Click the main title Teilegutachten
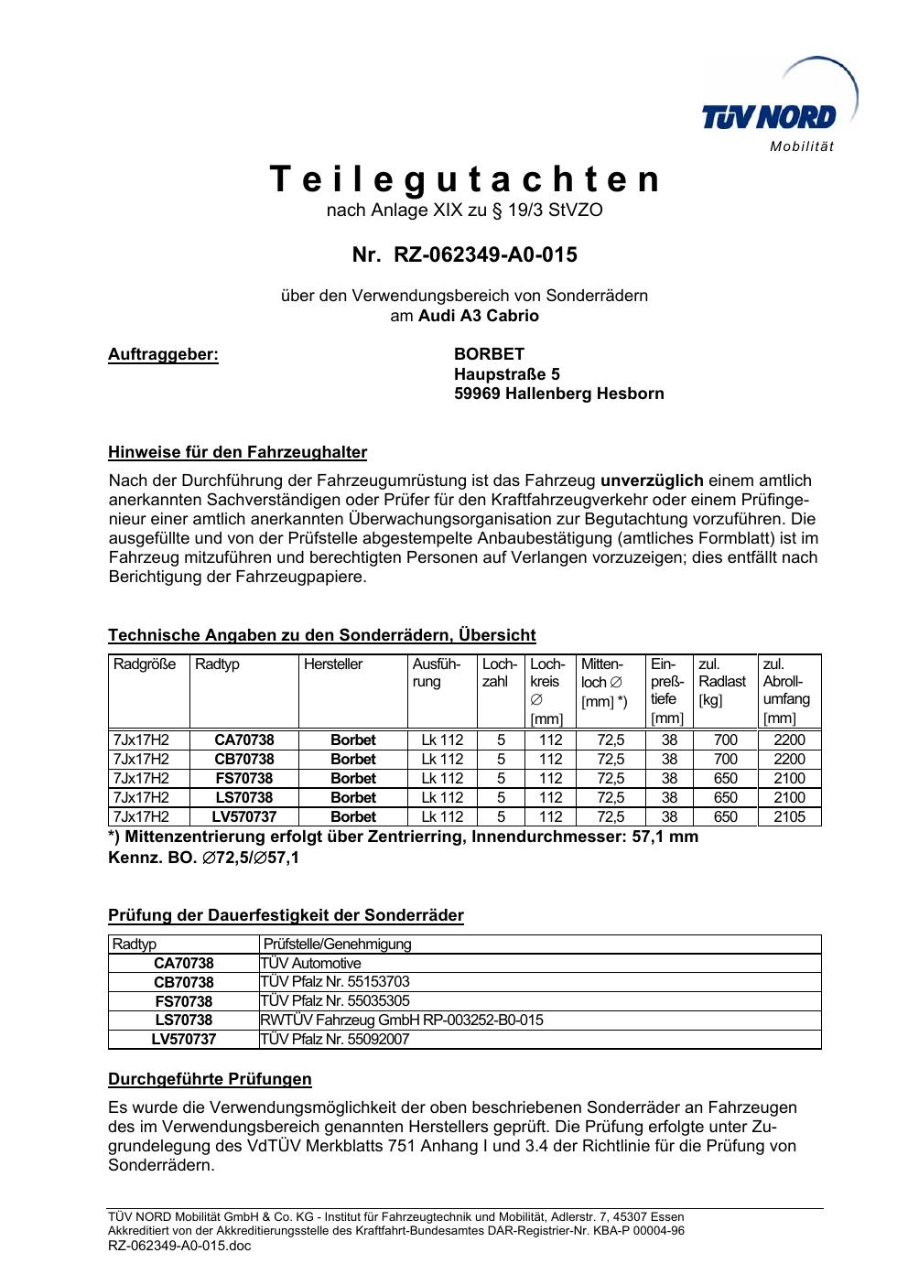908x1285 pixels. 464,179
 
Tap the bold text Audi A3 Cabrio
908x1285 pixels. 479,316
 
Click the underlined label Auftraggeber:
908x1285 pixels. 164,354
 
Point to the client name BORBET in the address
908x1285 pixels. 489,354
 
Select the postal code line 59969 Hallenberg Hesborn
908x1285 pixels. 558,394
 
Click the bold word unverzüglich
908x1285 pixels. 652,481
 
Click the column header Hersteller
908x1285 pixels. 333,664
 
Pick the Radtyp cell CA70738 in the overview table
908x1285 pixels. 243,740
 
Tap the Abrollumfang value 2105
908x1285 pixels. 789,816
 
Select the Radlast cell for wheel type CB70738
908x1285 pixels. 725,759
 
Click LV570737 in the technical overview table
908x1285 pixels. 243,816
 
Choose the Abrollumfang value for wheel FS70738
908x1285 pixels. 789,778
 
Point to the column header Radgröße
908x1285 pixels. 145,664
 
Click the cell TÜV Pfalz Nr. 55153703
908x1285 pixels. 335,982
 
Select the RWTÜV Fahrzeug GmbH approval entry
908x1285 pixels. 402,1020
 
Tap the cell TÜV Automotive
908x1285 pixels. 311,963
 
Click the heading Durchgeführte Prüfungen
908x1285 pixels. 210,1079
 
